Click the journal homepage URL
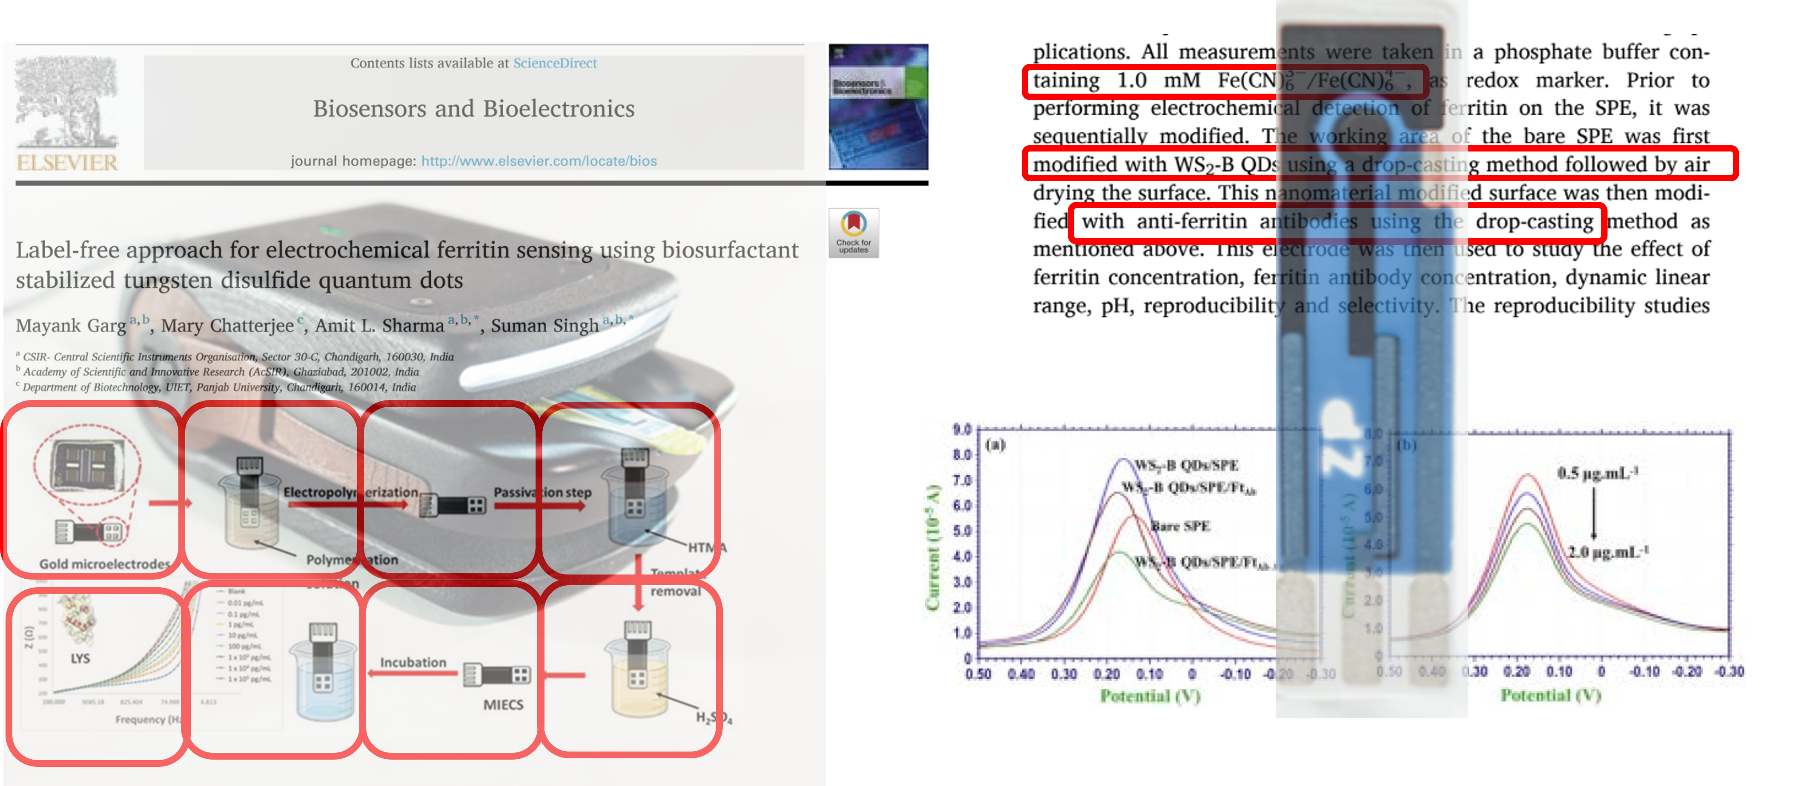[539, 161]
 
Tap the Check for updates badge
[853, 232]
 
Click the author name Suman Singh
[545, 325]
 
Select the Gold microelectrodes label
[104, 564]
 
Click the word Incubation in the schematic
[413, 662]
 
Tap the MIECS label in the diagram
[503, 705]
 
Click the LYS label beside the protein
[80, 658]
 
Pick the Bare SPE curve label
[1181, 526]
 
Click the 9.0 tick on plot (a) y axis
[962, 429]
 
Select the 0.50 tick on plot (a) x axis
[978, 674]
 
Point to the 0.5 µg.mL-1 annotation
[1597, 473]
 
